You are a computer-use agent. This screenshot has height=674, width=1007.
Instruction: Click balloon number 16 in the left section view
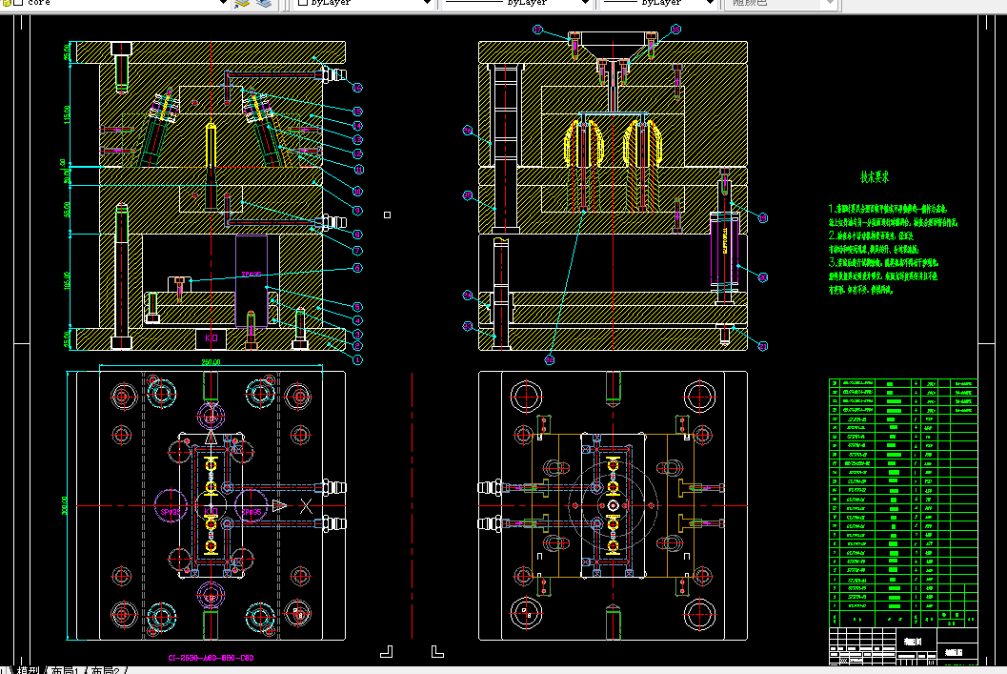click(357, 88)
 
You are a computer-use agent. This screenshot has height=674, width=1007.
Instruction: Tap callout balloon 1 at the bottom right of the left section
click(357, 359)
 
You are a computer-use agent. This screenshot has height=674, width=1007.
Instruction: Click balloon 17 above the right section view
click(536, 31)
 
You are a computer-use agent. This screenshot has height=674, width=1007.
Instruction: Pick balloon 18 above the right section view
click(675, 31)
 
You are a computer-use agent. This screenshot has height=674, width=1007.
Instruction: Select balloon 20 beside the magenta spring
click(763, 276)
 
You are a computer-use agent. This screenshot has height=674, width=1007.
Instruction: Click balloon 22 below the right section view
click(550, 359)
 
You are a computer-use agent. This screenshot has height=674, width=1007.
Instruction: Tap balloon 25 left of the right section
click(468, 195)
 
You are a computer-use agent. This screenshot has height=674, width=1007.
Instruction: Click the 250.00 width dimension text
click(210, 362)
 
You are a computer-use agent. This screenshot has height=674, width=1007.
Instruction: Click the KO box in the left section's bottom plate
click(210, 338)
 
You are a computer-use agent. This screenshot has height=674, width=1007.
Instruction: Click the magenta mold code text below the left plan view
click(211, 658)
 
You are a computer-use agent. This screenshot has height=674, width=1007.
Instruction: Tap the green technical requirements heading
click(875, 177)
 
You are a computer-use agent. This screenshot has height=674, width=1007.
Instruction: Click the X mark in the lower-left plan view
click(306, 505)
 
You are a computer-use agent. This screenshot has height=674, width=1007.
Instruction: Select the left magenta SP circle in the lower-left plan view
click(168, 506)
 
